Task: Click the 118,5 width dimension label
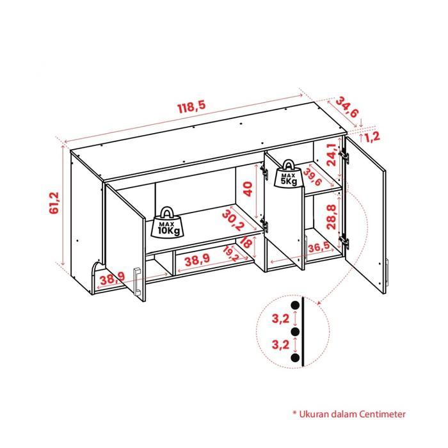(192, 108)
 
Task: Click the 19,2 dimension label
(231, 255)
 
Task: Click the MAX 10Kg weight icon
(168, 223)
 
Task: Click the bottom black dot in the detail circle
(296, 359)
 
